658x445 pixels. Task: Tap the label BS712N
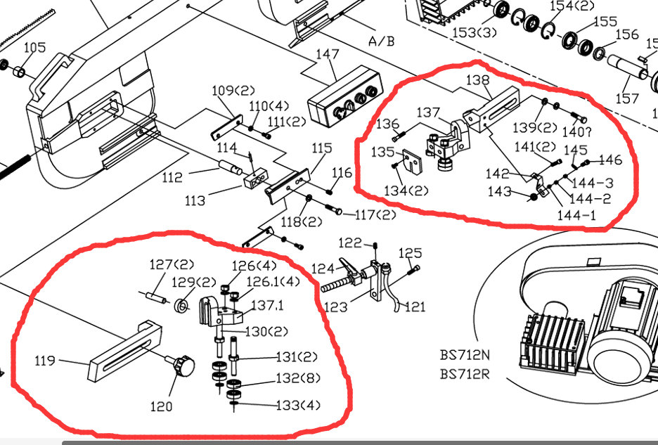(465, 356)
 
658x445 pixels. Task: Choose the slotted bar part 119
(123, 350)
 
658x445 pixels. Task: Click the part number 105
(35, 48)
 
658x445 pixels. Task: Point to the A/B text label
(382, 41)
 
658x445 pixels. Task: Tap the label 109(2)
(232, 91)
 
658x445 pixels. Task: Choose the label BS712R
(465, 373)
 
